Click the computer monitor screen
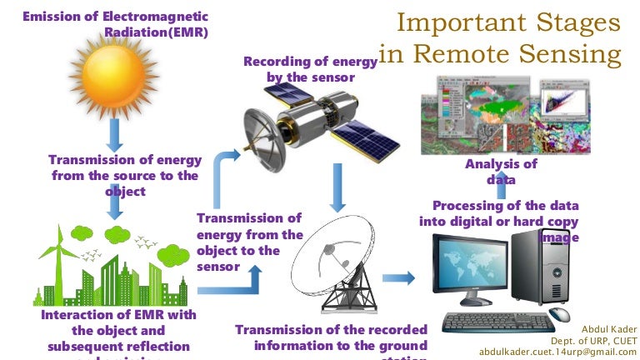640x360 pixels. coord(472,267)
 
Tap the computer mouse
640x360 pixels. coord(561,315)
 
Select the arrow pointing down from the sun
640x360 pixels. coord(115,134)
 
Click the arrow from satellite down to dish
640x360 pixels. coord(337,187)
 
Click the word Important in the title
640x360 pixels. coord(451,22)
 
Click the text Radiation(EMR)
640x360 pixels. coord(156,32)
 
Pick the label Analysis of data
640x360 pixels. coord(502,171)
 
